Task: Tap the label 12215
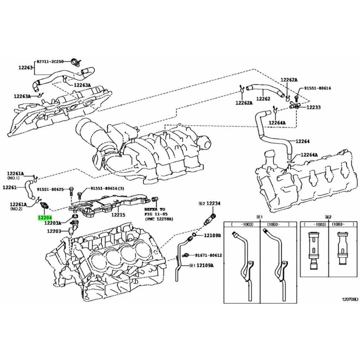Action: tap(118, 215)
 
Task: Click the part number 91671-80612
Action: tap(208, 255)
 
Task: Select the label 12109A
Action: tap(204, 266)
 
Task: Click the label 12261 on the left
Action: tap(10, 187)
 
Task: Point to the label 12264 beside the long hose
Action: tap(303, 141)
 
